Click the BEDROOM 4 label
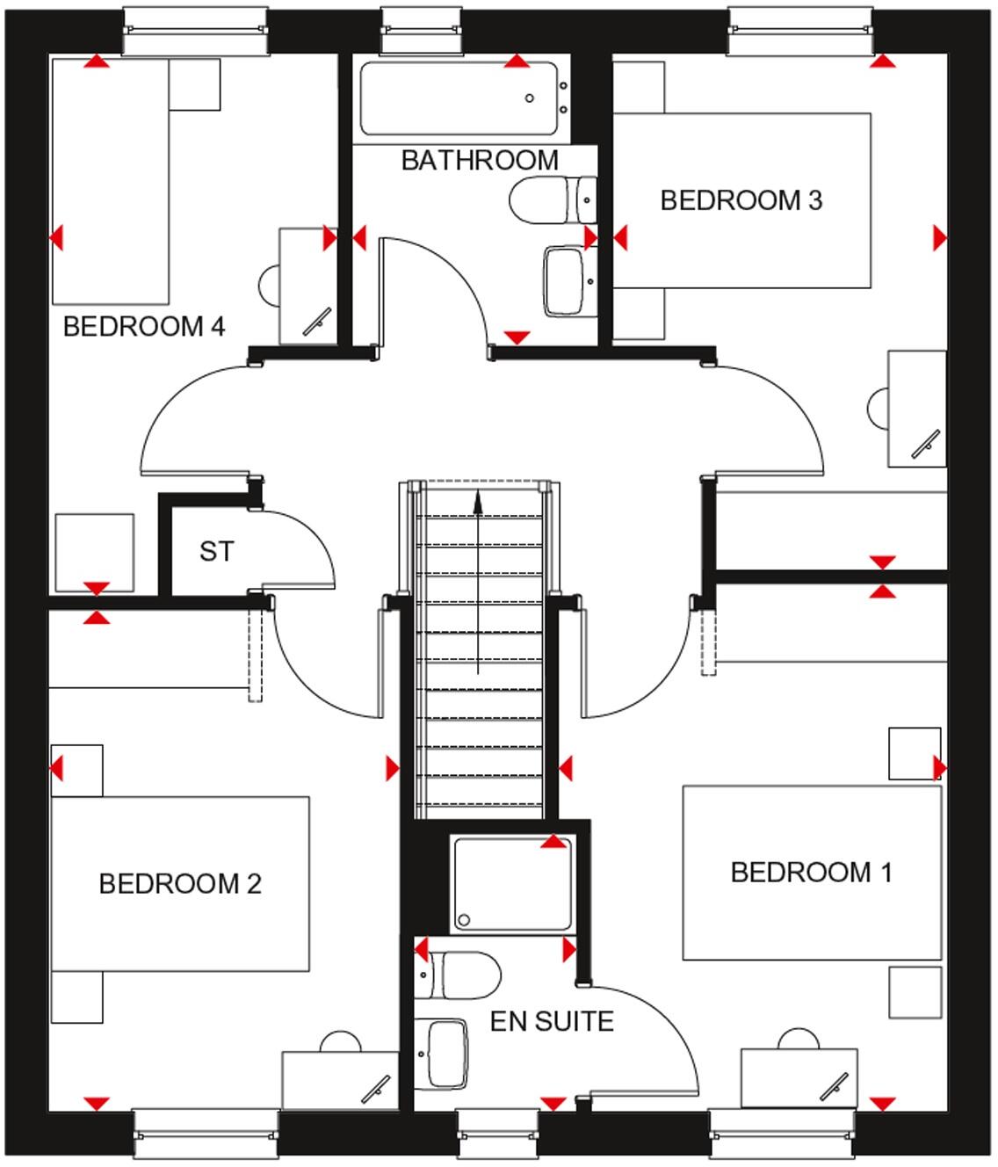[x=144, y=327]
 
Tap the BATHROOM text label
[x=480, y=161]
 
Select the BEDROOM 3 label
[x=741, y=200]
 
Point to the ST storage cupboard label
[x=216, y=552]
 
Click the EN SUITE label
[x=552, y=1021]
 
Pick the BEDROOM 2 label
[x=180, y=883]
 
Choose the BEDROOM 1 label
[x=811, y=873]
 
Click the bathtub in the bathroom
[x=459, y=98]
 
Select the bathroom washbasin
[x=565, y=281]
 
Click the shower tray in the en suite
[x=513, y=885]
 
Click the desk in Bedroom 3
[x=916, y=409]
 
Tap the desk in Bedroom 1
[x=799, y=1077]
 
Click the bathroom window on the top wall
[x=422, y=31]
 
